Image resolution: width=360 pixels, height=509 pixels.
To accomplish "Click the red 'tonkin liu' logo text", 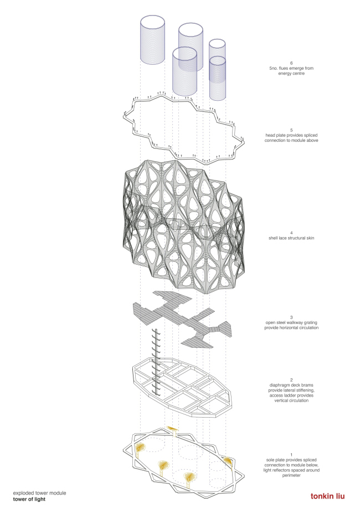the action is [x=327, y=496].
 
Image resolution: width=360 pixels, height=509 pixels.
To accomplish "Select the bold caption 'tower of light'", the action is [x=29, y=499].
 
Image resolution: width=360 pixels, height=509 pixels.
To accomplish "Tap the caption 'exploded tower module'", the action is [x=40, y=493].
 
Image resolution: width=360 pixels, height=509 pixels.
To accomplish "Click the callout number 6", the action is [x=291, y=63].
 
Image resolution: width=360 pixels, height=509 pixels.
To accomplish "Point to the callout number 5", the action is [x=291, y=130].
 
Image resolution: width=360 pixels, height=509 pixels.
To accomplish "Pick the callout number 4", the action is [x=291, y=233].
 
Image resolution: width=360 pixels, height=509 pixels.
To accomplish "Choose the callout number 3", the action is [x=291, y=317].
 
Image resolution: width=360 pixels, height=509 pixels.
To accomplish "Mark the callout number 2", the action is [x=291, y=380].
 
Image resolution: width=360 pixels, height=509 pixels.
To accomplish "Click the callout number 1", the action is [x=291, y=455].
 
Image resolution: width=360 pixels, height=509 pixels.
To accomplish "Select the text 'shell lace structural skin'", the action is [x=291, y=238].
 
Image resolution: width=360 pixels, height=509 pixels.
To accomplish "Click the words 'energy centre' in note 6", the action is [x=291, y=73].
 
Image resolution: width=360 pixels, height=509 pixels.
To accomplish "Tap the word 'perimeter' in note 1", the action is [x=291, y=475].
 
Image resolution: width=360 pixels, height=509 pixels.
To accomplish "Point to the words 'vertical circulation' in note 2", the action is [x=291, y=400].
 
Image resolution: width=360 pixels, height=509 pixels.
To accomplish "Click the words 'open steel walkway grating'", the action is [x=291, y=322].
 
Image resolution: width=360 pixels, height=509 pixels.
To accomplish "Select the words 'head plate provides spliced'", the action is [x=291, y=135].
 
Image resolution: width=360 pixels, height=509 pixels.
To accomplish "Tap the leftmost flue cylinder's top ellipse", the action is [x=152, y=23].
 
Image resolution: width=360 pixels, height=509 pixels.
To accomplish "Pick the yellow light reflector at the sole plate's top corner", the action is [x=172, y=429].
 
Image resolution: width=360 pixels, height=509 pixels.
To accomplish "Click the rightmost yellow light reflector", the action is [x=228, y=460].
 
